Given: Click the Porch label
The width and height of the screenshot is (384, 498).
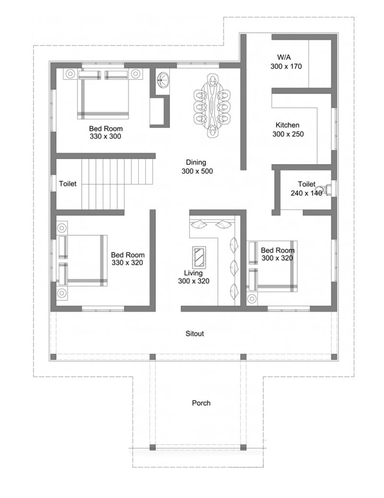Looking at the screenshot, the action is click(x=201, y=403).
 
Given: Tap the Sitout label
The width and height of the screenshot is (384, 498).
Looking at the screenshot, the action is click(x=194, y=333).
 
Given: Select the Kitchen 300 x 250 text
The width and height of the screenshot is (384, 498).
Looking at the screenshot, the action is click(x=288, y=130).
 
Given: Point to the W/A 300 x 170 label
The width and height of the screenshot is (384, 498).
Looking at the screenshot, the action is click(x=286, y=62).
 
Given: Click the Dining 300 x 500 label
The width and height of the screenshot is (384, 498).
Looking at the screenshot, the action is click(x=197, y=167).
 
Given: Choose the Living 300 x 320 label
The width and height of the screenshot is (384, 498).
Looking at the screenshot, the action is click(x=193, y=277).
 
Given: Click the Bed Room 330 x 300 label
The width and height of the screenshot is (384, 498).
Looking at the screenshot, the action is click(x=106, y=132).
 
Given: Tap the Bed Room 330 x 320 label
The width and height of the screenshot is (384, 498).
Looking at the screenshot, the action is click(x=128, y=259).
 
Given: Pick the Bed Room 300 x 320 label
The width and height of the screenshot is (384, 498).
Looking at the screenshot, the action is click(x=277, y=254).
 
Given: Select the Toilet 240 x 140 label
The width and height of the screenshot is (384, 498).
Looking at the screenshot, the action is click(x=306, y=189).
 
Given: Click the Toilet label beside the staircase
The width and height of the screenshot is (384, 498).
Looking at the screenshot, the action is click(x=68, y=184).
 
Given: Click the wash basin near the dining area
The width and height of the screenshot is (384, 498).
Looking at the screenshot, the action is click(x=163, y=80).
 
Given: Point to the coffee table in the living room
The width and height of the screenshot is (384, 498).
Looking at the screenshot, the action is click(x=199, y=257).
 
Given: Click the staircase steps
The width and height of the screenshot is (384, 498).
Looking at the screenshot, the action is click(x=117, y=183).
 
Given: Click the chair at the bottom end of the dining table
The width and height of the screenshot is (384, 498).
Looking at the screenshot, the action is click(x=212, y=131).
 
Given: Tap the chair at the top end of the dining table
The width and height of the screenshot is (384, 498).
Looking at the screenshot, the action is click(x=212, y=80).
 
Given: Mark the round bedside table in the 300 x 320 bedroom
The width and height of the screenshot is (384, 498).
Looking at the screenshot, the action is click(x=252, y=299).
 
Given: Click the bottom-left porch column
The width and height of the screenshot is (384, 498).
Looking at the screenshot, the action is click(x=153, y=448).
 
